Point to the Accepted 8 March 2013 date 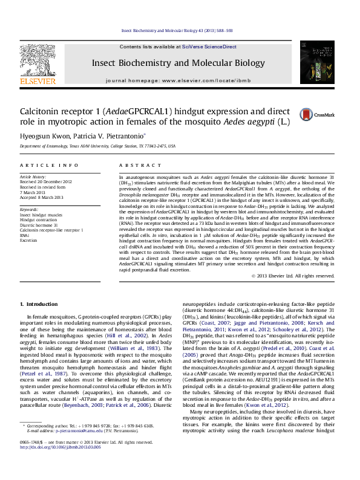point(41,198)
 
